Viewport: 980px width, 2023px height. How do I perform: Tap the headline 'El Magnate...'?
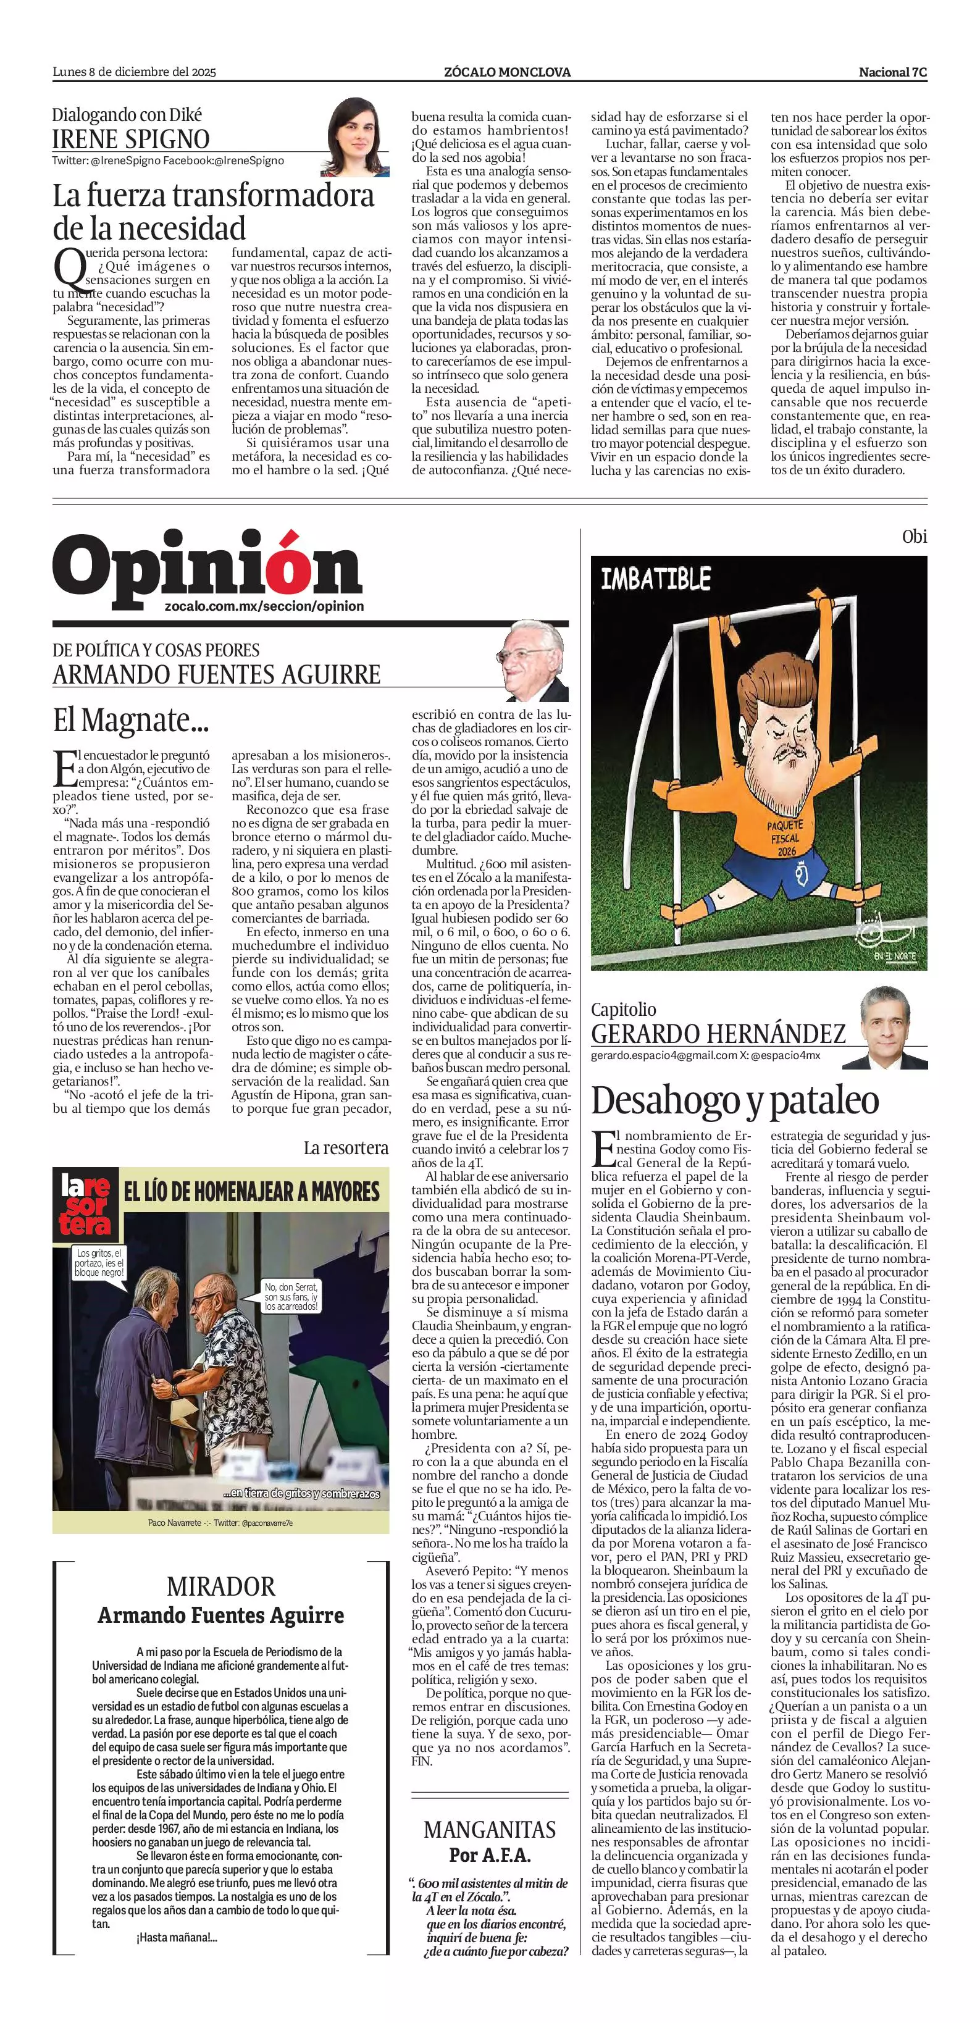coord(121,719)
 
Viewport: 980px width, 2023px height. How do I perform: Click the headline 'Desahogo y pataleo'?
coord(735,1100)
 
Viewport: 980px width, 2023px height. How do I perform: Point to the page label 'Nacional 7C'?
coord(893,72)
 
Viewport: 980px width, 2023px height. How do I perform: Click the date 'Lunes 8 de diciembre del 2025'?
coord(134,72)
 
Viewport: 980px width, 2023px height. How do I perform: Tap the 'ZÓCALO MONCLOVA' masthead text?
coord(507,72)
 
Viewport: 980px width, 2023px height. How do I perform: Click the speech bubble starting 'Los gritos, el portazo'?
coord(99,1263)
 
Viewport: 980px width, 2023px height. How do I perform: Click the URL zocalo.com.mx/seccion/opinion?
coord(265,606)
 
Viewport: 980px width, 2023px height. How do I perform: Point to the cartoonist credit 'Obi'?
coord(914,537)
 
